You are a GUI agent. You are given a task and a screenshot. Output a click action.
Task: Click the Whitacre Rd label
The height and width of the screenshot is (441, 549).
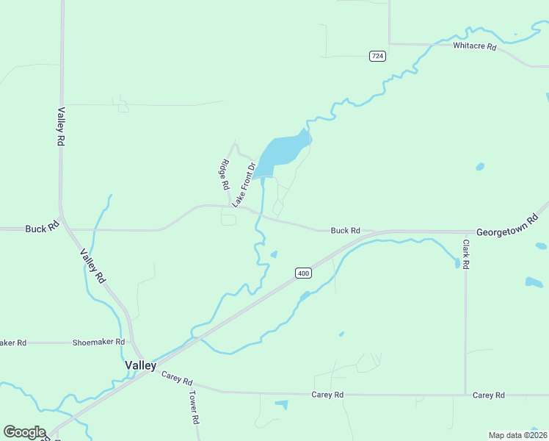click(475, 46)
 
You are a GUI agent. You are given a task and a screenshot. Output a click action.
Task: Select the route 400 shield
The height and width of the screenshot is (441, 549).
click(304, 273)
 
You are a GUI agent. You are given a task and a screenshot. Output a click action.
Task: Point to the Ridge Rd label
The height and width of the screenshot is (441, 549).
click(224, 174)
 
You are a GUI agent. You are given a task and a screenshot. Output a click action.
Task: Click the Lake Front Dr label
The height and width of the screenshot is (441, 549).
click(244, 184)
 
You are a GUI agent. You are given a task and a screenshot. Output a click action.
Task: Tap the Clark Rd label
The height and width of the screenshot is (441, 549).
click(465, 252)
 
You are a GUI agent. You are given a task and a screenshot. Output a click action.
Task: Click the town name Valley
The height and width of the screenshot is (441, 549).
click(141, 365)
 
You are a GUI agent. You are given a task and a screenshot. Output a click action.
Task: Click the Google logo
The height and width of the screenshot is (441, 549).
click(24, 431)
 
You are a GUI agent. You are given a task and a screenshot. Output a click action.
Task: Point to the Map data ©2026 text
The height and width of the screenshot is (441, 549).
click(517, 434)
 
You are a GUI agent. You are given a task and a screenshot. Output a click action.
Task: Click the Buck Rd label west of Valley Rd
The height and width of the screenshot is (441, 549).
click(41, 229)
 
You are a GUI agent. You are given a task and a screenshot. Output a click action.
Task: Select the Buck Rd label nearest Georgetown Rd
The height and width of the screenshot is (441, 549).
click(345, 230)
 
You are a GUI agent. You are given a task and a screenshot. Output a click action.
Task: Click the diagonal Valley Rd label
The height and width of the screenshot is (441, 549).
click(93, 266)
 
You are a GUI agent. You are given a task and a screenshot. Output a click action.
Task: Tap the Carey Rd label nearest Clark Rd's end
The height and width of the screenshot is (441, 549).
click(488, 395)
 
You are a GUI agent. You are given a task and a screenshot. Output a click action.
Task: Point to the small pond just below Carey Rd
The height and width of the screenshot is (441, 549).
click(281, 404)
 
